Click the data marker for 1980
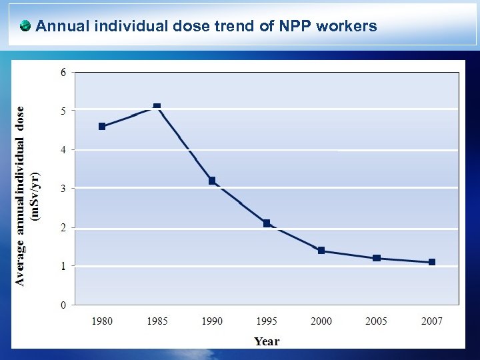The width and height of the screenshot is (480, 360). (x=102, y=126)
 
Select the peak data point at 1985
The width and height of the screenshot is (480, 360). (x=157, y=106)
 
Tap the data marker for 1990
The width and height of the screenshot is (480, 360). (x=212, y=181)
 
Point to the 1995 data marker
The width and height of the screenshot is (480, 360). (x=267, y=223)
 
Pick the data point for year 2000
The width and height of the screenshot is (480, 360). (x=321, y=251)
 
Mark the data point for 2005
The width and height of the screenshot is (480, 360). (x=377, y=258)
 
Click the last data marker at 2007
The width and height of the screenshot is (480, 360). (x=432, y=262)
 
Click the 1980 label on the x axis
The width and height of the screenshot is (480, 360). (x=102, y=321)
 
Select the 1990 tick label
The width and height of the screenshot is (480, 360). (x=212, y=321)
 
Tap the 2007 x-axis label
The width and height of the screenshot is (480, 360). (x=432, y=321)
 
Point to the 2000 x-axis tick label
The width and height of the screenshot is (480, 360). (x=321, y=321)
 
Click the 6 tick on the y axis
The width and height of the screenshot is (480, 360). (x=63, y=72)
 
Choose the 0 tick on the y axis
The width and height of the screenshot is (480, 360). (x=63, y=305)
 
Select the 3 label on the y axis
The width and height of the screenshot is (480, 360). (x=63, y=189)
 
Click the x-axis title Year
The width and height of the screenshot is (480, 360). (x=267, y=341)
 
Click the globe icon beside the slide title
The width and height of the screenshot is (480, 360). (x=25, y=27)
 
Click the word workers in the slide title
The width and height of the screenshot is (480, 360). (x=347, y=27)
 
